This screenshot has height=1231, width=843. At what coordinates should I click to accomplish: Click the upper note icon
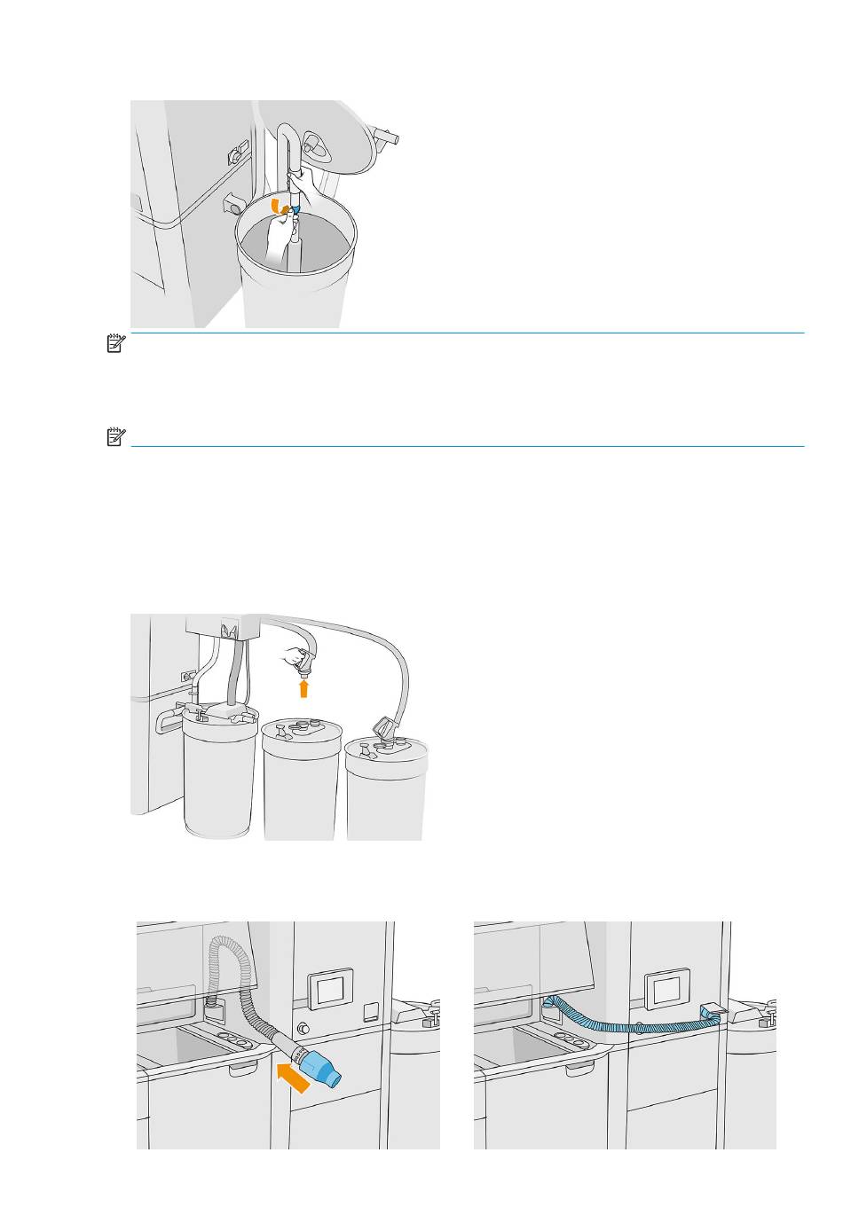point(114,344)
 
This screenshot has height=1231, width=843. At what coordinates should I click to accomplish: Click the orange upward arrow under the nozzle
point(303,687)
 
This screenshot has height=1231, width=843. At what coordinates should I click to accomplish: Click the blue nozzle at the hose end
point(321,1063)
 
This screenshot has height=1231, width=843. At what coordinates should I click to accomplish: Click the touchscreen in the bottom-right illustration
point(662,985)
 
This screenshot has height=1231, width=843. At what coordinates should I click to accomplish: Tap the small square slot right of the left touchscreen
point(370,1009)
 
